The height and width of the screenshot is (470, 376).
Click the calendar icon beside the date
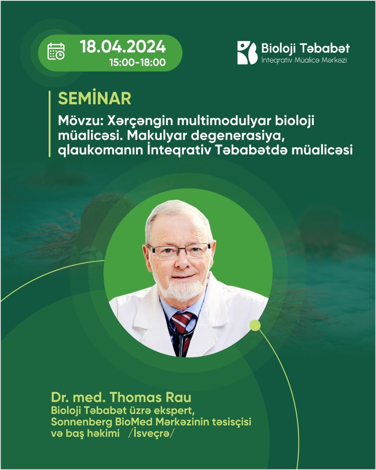click(56, 51)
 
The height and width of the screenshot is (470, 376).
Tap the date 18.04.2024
click(122, 46)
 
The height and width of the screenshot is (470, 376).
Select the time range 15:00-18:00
click(137, 63)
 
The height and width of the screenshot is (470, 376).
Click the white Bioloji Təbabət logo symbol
click(247, 53)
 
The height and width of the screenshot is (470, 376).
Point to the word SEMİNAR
click(94, 98)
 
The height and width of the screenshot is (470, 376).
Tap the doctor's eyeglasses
click(179, 251)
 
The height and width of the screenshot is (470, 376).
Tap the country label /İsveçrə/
click(151, 433)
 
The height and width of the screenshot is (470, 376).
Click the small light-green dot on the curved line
click(255, 325)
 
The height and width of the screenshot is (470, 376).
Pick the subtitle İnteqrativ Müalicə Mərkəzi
click(304, 60)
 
